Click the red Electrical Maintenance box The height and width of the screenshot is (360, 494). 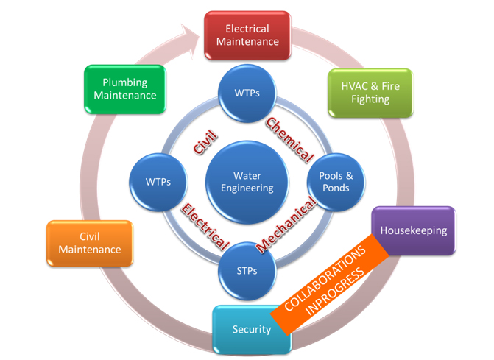tap(247, 35)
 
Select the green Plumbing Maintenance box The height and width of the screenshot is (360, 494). tap(124, 88)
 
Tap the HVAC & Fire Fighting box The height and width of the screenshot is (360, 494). tap(370, 92)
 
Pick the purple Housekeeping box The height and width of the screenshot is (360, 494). tap(412, 230)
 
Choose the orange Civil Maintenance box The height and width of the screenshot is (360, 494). tap(89, 243)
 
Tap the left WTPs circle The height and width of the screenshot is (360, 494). tap(160, 182)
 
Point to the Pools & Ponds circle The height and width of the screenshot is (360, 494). tap(335, 182)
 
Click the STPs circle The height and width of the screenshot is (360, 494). tap(247, 270)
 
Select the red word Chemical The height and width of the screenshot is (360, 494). tap(289, 140)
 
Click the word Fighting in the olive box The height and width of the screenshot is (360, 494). tap(370, 99)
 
